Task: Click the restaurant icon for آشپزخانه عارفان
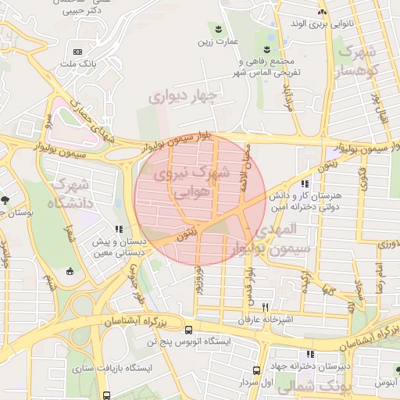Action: pyautogui.click(x=266, y=307)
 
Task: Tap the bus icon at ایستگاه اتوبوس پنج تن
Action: pyautogui.click(x=188, y=330)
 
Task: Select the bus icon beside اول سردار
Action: pyautogui.click(x=256, y=370)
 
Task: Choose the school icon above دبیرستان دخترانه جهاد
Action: pyautogui.click(x=311, y=354)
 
